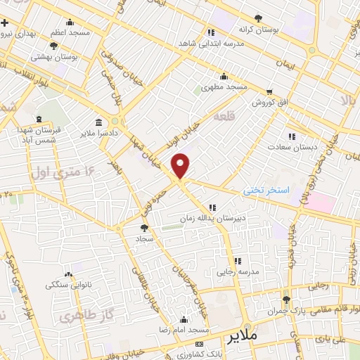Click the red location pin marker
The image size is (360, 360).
pos(181,165)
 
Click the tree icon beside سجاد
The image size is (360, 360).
pos(144,227)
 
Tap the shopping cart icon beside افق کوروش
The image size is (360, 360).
pos(269,92)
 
